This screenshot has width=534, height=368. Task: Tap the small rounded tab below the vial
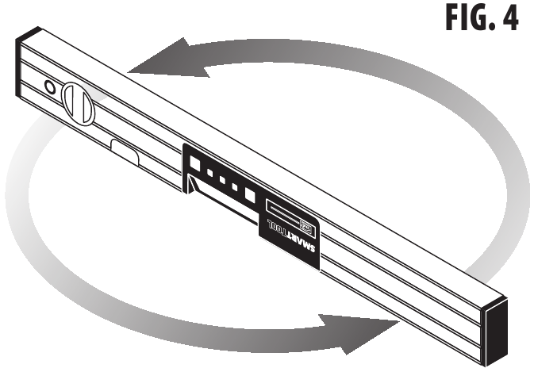(126, 151)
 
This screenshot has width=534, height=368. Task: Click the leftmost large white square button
(194, 163)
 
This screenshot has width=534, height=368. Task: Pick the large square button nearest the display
(251, 194)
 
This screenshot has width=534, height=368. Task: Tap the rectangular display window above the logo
(290, 213)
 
